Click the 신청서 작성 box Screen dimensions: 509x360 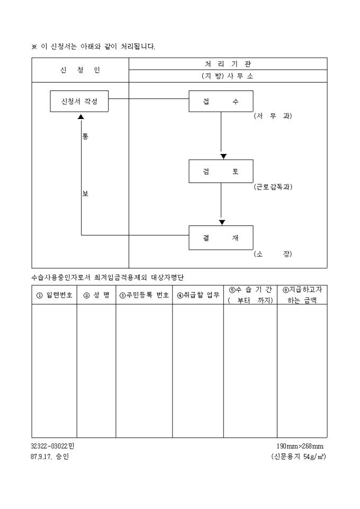(x=79, y=101)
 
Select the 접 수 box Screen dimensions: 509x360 (x=221, y=101)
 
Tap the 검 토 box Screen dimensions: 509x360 (x=221, y=171)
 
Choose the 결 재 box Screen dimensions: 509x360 (x=221, y=238)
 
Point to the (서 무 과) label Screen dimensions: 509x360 (x=273, y=116)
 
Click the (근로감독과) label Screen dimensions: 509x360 (x=273, y=187)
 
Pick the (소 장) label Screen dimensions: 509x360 (x=273, y=254)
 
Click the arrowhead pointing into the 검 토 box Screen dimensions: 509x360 (x=223, y=156)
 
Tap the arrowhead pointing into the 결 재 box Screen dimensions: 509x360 (x=222, y=222)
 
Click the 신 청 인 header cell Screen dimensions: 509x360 (x=80, y=70)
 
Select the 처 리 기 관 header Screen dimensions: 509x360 (x=228, y=63)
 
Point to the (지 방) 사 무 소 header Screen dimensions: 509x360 (x=228, y=76)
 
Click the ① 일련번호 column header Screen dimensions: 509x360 (x=54, y=295)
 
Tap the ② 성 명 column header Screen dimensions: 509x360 (x=96, y=295)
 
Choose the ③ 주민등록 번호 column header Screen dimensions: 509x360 (x=144, y=295)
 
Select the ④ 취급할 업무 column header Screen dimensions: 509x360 (x=198, y=295)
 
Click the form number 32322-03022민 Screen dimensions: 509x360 (x=52, y=446)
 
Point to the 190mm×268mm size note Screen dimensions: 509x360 (x=300, y=446)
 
